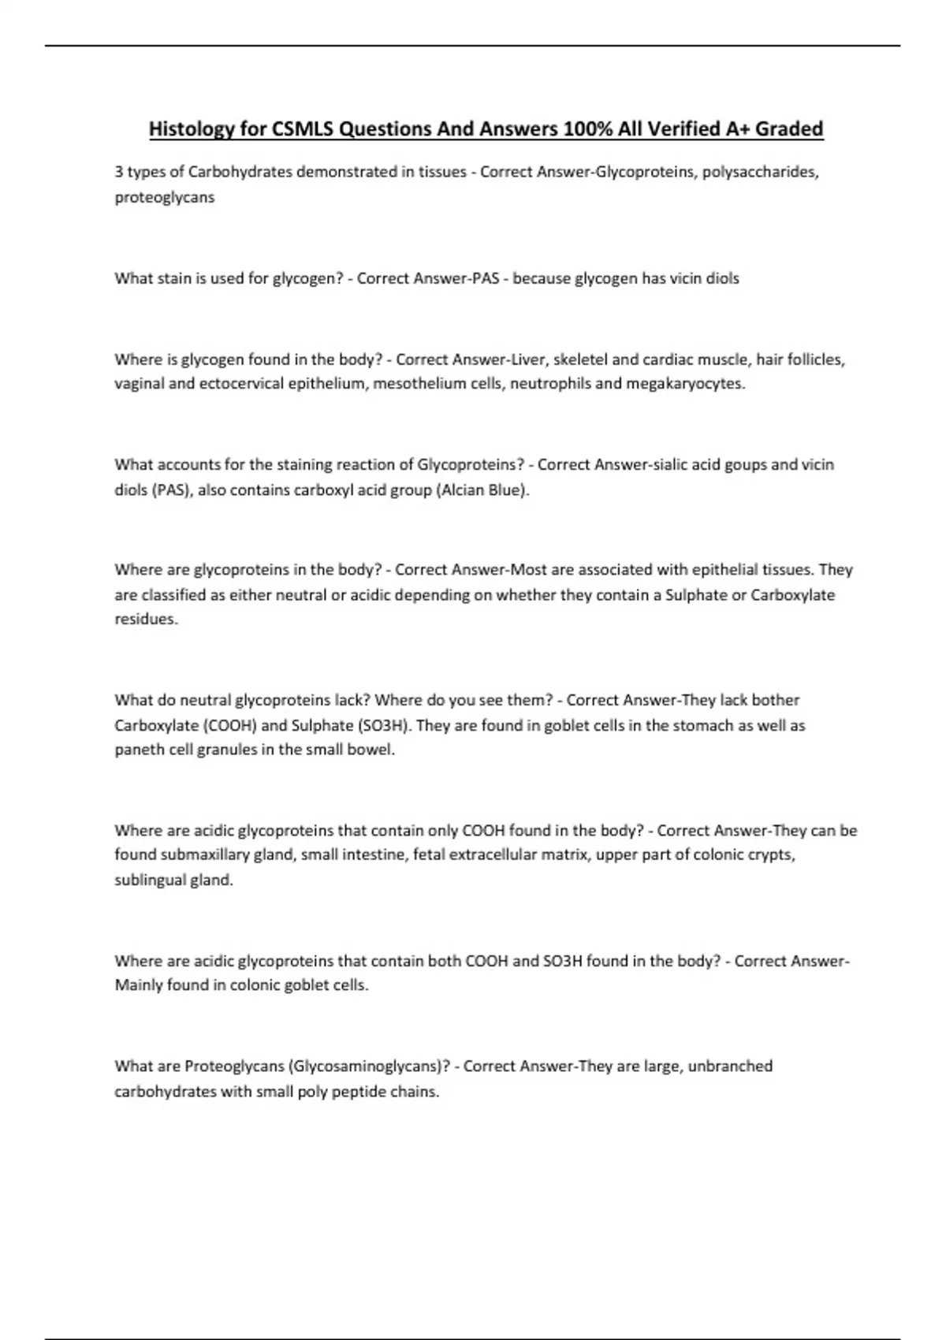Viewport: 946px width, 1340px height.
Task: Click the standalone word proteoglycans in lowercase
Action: pyautogui.click(x=164, y=197)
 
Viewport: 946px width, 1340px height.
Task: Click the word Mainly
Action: pyautogui.click(x=139, y=985)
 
